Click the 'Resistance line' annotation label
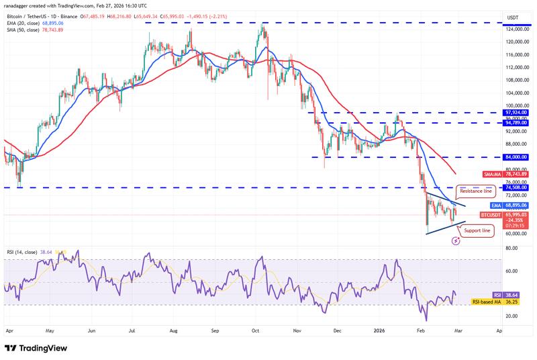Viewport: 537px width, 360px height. click(x=477, y=191)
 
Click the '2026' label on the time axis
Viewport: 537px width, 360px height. click(x=379, y=331)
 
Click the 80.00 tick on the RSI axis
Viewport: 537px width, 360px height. click(x=511, y=249)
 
